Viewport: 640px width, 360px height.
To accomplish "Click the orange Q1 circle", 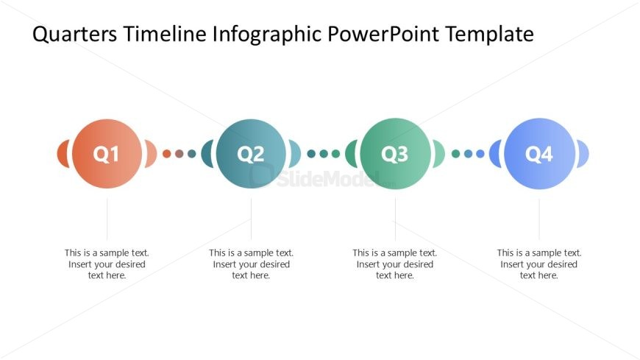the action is pyautogui.click(x=107, y=154).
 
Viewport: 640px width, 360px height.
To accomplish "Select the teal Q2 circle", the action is pyautogui.click(x=251, y=154).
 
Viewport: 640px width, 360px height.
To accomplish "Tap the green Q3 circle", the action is pyautogui.click(x=395, y=154).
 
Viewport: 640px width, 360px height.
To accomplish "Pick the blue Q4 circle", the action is pyautogui.click(x=539, y=154).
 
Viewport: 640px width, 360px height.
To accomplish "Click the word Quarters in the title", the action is pyautogui.click(x=74, y=34).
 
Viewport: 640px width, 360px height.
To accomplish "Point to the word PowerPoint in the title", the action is pyautogui.click(x=383, y=34).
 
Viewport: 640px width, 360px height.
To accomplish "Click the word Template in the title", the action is pyautogui.click(x=489, y=35).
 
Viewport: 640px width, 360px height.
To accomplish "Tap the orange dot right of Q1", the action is pyautogui.click(x=166, y=154).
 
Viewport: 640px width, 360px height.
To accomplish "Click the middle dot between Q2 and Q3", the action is pyautogui.click(x=324, y=154).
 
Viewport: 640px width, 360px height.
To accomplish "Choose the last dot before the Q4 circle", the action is pyautogui.click(x=480, y=154).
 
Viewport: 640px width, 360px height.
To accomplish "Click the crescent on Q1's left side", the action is pyautogui.click(x=63, y=154).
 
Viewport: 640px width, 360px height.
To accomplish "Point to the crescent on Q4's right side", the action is pyautogui.click(x=583, y=154).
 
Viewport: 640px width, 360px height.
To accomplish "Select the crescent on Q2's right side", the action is pyautogui.click(x=295, y=154).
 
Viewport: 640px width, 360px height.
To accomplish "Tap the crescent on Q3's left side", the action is pyautogui.click(x=351, y=154).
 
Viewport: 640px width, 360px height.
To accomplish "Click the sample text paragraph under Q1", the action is pyautogui.click(x=107, y=264).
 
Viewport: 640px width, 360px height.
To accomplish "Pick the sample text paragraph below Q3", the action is pyautogui.click(x=395, y=264).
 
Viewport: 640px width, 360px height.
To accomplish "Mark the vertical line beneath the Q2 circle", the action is pyautogui.click(x=251, y=219).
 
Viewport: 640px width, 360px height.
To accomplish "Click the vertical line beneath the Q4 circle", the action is pyautogui.click(x=539, y=219).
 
